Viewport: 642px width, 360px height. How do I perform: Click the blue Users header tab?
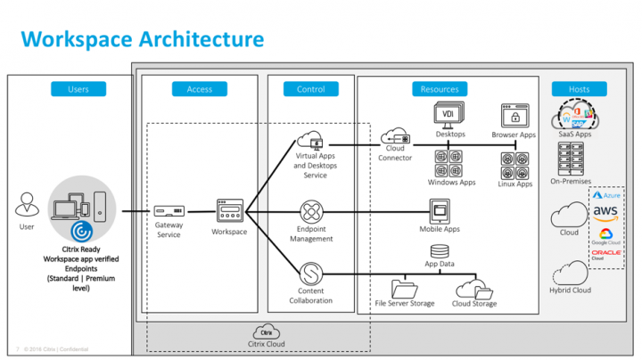click(x=78, y=89)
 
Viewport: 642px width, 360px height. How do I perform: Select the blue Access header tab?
click(x=200, y=89)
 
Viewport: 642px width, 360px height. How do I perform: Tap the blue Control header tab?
click(x=311, y=89)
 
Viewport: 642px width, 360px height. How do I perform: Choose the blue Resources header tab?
click(x=440, y=89)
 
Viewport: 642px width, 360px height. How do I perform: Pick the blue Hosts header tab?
click(x=580, y=89)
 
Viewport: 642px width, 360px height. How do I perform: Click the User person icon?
click(x=28, y=207)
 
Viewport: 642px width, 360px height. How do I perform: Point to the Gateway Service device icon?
click(x=169, y=212)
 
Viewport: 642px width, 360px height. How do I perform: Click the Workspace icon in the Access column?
click(x=229, y=212)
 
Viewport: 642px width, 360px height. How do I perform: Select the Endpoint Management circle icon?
click(x=311, y=213)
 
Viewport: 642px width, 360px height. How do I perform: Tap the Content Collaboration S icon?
click(x=311, y=271)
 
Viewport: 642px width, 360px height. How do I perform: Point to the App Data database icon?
click(x=439, y=251)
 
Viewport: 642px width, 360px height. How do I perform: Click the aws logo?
click(x=606, y=212)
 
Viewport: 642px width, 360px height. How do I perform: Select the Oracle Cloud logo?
click(x=606, y=255)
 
